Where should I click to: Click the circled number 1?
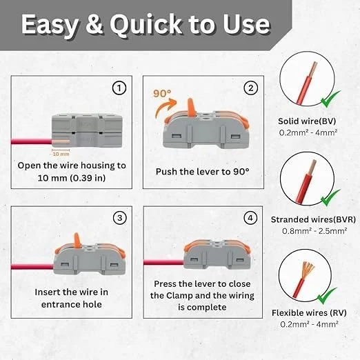pos(119,88)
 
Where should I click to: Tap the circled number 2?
pos(251,88)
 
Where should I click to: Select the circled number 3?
pos(120,218)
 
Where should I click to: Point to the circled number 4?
pos(250,218)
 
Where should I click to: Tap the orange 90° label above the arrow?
pos(162,93)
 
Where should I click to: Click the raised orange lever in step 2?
pos(190,106)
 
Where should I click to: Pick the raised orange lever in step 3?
pos(77,241)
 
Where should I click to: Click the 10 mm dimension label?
pos(61,154)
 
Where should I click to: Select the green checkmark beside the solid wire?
pos(330,99)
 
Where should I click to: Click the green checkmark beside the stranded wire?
pos(330,198)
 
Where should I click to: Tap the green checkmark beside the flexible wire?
pos(327,296)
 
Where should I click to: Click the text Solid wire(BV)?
pos(307,121)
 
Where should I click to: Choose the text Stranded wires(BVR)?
pos(313,219)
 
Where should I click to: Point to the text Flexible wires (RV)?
pos(309,313)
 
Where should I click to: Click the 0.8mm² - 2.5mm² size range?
pos(314,231)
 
